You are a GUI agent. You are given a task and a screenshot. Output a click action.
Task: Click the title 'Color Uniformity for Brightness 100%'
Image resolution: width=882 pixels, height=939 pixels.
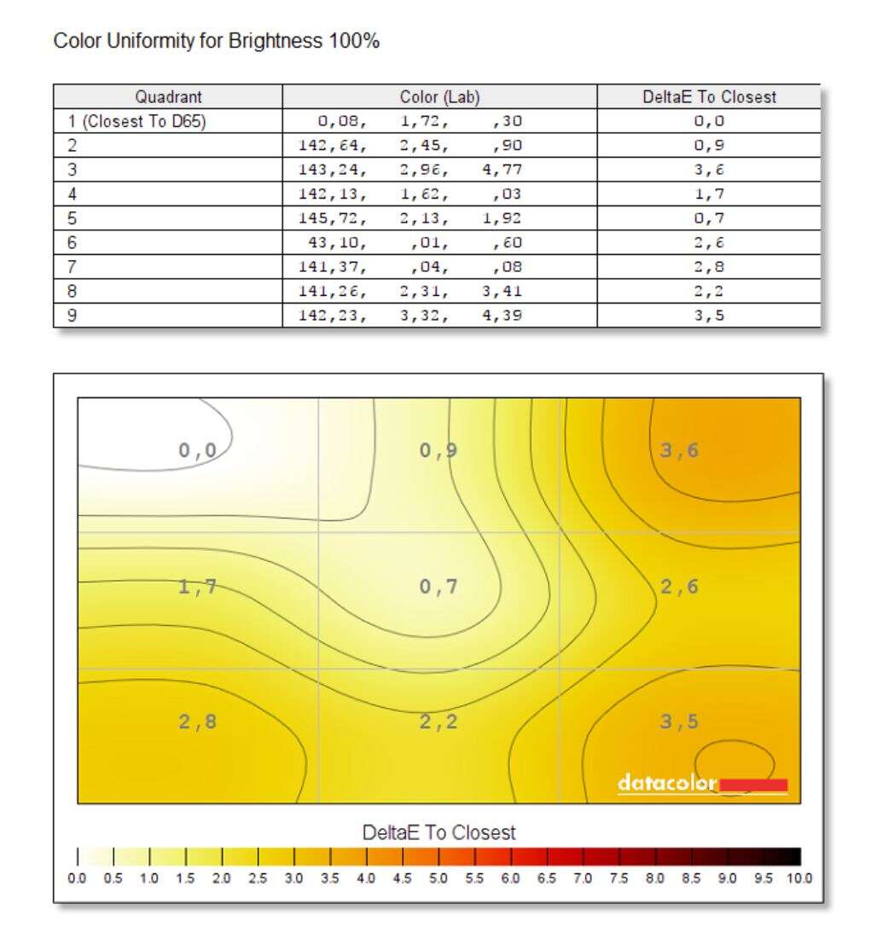[x=216, y=41]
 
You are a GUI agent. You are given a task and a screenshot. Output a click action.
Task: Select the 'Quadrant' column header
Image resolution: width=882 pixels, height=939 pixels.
[x=168, y=97]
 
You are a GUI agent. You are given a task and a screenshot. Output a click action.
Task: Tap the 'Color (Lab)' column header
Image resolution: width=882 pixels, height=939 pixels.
[x=439, y=97]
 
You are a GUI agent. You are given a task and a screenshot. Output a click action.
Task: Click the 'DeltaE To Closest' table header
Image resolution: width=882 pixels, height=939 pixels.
[x=709, y=97]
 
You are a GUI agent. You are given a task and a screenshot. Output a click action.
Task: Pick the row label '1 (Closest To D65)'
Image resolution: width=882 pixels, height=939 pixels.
[x=136, y=121]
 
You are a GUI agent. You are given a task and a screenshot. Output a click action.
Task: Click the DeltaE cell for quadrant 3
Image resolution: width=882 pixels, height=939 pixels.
[x=709, y=170]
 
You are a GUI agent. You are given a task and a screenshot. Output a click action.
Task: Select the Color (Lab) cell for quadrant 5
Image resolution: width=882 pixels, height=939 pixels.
[x=410, y=218]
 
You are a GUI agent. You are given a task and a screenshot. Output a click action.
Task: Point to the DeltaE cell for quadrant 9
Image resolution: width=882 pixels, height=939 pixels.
[x=709, y=316]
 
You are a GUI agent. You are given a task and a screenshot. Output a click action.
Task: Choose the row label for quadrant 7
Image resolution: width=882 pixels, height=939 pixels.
[x=72, y=267]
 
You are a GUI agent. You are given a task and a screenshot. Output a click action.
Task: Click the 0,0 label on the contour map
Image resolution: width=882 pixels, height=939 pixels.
[x=197, y=450]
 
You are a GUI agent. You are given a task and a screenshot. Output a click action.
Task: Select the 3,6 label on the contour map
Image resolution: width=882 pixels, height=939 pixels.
[x=680, y=450]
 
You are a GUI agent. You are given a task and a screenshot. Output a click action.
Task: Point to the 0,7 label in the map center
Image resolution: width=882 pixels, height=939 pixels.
[x=438, y=586]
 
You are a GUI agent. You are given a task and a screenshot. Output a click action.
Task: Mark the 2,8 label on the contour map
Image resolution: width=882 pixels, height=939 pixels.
[x=197, y=722]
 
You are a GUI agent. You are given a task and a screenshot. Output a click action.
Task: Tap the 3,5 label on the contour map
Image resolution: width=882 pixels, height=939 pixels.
[x=680, y=722]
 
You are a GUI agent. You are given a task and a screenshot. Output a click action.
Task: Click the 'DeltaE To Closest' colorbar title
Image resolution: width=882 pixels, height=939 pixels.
[x=439, y=832]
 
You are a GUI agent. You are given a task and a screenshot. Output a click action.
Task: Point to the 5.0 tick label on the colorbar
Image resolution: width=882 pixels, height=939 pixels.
[x=438, y=878]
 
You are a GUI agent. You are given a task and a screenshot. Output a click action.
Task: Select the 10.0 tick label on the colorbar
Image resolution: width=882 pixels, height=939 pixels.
[x=800, y=878]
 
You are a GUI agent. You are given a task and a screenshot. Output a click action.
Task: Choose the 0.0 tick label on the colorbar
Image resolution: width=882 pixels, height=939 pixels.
[x=78, y=878]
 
